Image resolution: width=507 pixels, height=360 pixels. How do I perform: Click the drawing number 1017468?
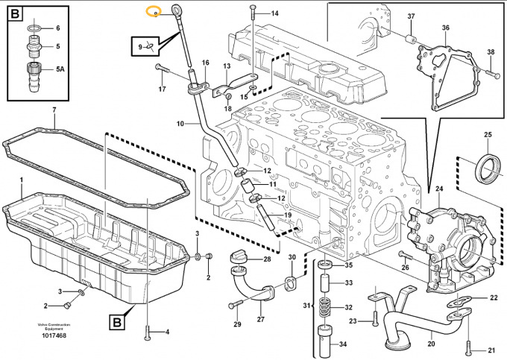click(51, 336)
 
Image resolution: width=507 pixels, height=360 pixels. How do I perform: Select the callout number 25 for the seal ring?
click(488, 134)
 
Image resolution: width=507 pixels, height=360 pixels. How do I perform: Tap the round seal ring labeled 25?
click(488, 168)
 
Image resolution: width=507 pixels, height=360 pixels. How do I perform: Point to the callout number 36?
click(445, 28)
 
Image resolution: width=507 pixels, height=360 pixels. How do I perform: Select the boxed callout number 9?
click(139, 47)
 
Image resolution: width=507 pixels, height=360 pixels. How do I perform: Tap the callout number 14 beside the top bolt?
click(274, 14)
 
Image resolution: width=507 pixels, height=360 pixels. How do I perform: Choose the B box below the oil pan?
click(117, 323)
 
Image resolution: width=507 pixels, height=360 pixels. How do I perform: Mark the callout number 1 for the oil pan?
click(22, 180)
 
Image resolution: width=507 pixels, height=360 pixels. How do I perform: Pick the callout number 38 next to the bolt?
click(491, 51)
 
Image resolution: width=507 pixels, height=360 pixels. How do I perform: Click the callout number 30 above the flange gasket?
click(292, 257)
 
